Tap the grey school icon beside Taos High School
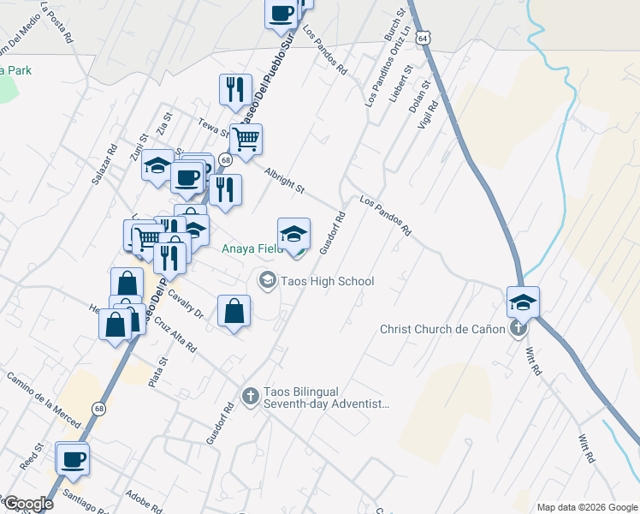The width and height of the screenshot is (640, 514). (x=267, y=281)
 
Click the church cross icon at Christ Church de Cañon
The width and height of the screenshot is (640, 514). (x=518, y=329)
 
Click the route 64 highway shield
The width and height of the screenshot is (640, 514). (x=436, y=39)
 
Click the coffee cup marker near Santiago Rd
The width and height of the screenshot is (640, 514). (x=73, y=458)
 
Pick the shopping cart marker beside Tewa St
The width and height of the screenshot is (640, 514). (x=246, y=139)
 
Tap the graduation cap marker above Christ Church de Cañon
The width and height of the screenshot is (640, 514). (x=523, y=302)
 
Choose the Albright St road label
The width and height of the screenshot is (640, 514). (x=284, y=179)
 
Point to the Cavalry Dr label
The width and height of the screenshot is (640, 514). (x=185, y=303)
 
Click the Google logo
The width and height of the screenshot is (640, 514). (x=27, y=504)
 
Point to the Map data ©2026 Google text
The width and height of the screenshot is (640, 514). (x=587, y=507)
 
